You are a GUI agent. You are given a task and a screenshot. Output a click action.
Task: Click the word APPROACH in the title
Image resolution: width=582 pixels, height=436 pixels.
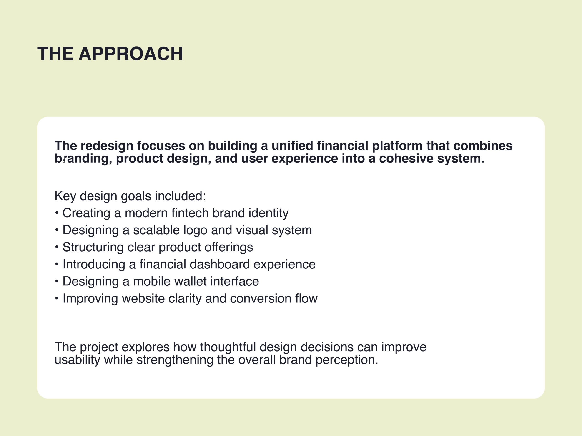pos(131,54)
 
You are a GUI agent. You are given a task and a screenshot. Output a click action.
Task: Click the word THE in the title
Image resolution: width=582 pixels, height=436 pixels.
pos(55,54)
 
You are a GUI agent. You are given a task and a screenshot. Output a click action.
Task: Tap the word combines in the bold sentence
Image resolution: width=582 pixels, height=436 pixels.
pos(483,146)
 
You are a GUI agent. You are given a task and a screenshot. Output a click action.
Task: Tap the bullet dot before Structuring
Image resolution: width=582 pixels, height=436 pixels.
pos(57,247)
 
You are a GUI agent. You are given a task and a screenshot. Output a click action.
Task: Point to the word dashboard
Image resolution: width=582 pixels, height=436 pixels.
pos(219,264)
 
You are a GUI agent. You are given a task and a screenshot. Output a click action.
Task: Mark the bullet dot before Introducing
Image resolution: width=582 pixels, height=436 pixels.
pos(57,264)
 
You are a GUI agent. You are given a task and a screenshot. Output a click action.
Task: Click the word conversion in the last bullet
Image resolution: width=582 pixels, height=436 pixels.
pos(261,299)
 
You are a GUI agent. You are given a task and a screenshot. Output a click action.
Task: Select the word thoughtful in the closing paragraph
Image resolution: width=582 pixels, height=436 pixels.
pos(228,347)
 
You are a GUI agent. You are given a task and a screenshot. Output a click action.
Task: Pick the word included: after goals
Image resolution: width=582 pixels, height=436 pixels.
pos(180,196)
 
